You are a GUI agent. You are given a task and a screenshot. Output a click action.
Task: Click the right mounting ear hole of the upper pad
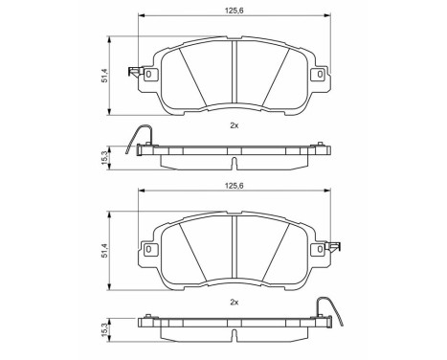tap(317, 74)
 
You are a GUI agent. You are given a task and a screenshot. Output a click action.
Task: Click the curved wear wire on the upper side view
tap(134, 136)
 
